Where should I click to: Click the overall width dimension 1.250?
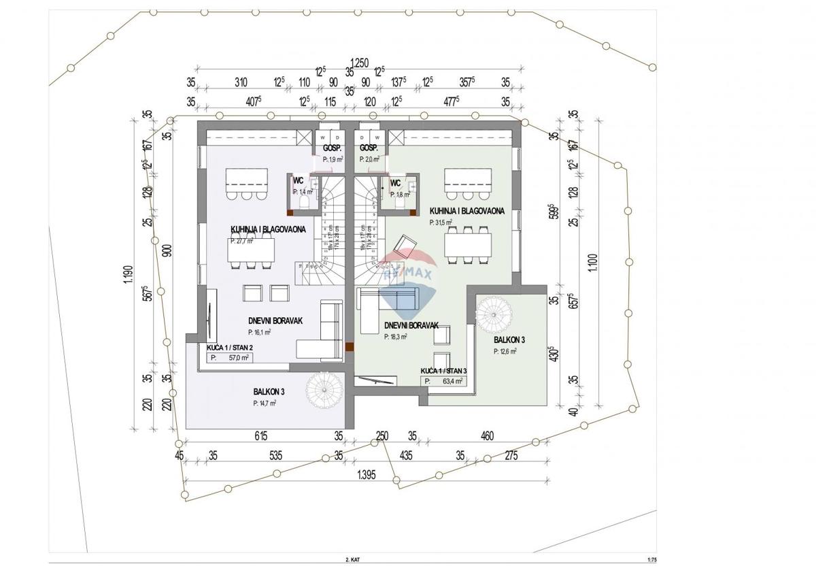pyautogui.click(x=359, y=63)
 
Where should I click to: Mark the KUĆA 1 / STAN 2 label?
pyautogui.click(x=228, y=347)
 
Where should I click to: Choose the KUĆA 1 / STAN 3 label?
pyautogui.click(x=443, y=370)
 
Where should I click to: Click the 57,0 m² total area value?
pyautogui.click(x=238, y=357)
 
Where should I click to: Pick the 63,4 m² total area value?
pyautogui.click(x=452, y=381)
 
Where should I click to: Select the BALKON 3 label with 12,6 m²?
pyautogui.click(x=509, y=340)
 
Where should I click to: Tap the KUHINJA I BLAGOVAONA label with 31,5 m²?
pyautogui.click(x=466, y=212)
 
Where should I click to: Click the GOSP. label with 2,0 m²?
pyautogui.click(x=369, y=148)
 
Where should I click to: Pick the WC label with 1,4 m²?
pyautogui.click(x=298, y=181)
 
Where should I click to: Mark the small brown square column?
pyautogui.click(x=349, y=347)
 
